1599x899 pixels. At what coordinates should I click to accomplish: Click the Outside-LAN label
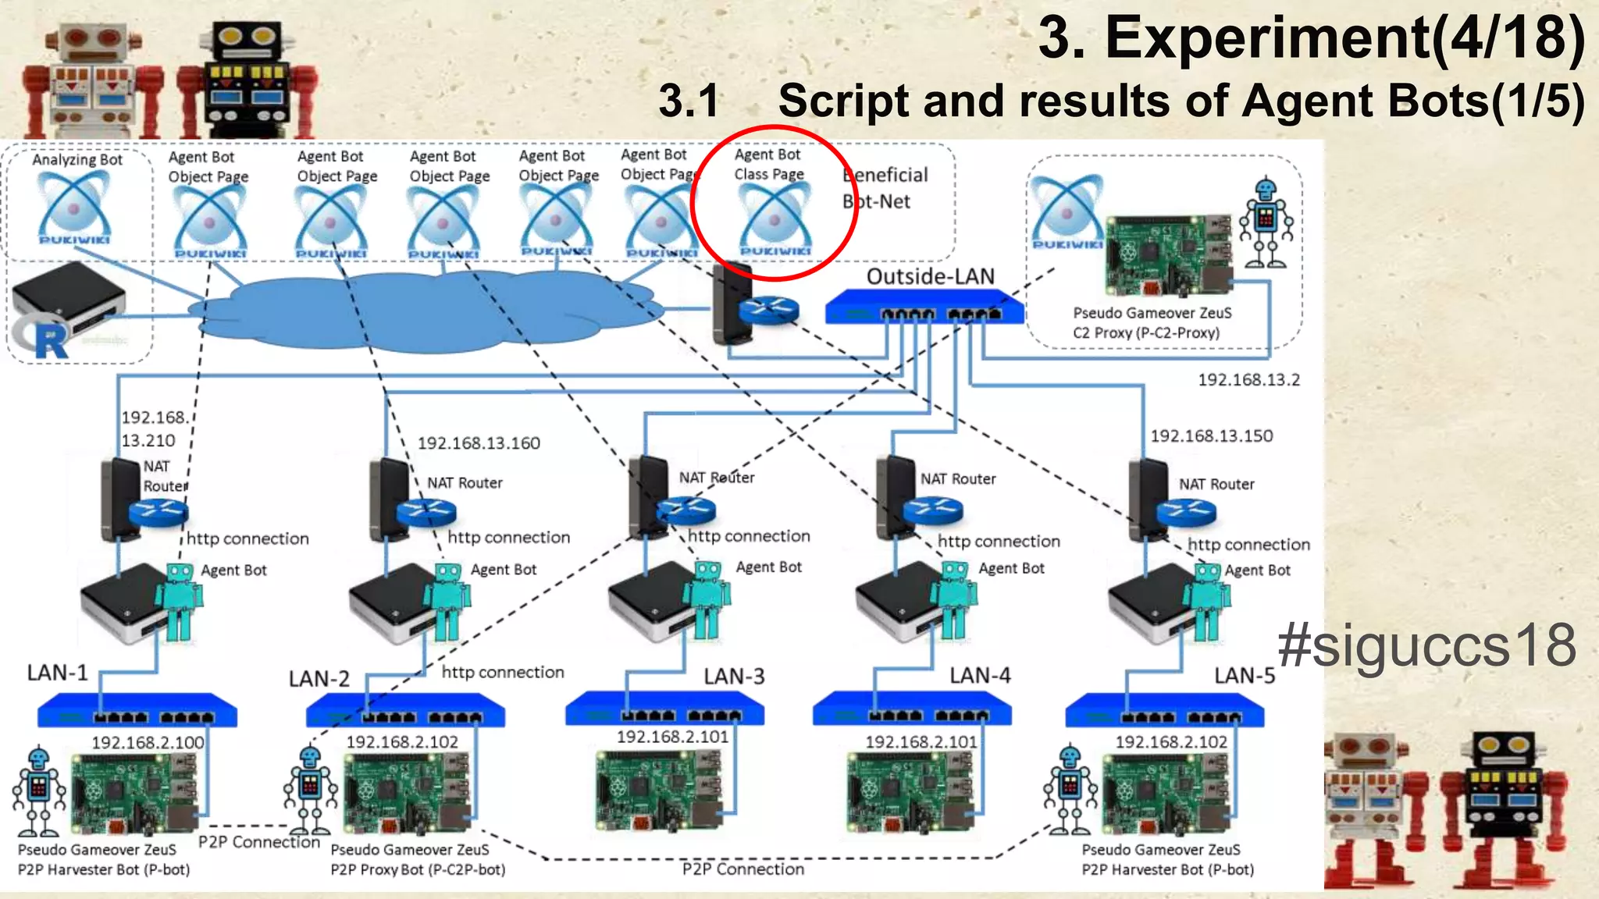point(930,276)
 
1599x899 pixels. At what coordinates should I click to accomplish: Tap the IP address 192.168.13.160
point(479,443)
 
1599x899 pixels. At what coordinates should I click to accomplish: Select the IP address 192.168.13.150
point(1211,435)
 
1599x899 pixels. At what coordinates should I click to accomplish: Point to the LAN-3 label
point(733,676)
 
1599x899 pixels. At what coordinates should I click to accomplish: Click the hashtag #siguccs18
point(1426,645)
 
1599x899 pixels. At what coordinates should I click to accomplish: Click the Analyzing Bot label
point(77,160)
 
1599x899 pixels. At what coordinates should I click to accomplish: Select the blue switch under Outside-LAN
point(924,307)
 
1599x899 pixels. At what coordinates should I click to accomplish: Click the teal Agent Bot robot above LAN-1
point(179,601)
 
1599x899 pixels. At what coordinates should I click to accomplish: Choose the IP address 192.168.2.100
point(148,742)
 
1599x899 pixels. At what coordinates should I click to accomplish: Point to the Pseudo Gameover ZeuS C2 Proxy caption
point(1151,322)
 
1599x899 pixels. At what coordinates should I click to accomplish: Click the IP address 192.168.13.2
point(1248,380)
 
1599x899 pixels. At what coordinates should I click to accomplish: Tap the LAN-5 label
point(1244,675)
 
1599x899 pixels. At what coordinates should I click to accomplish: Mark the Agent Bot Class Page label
point(768,165)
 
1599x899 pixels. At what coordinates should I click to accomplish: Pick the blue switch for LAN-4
point(911,709)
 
